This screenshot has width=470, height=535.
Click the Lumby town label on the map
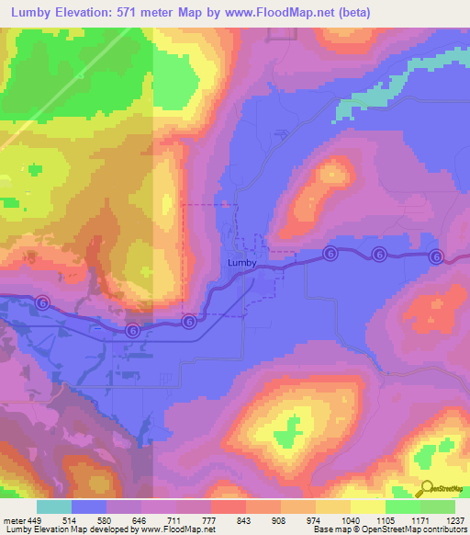pos(241,262)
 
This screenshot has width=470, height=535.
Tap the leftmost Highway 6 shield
pos(42,302)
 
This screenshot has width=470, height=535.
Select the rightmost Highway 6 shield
pos(436,256)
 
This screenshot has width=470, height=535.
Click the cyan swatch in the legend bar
pos(53,507)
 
